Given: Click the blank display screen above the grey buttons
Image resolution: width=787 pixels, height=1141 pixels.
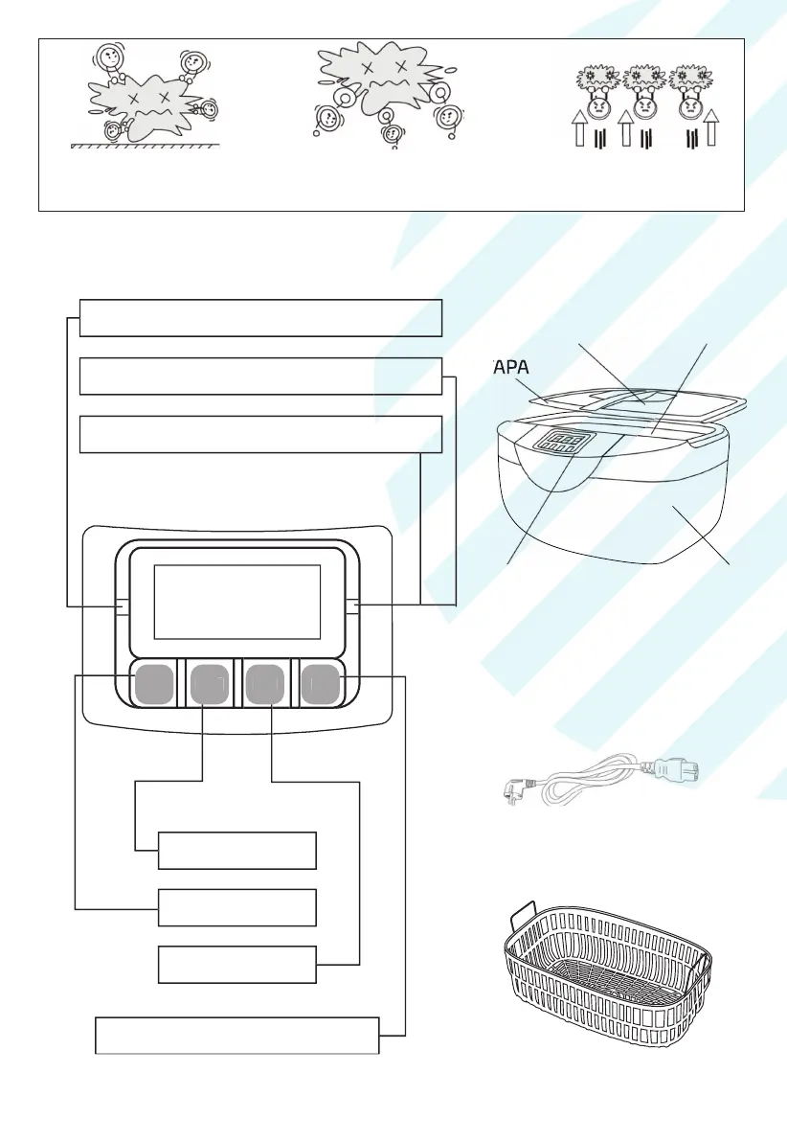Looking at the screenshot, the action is point(236,602).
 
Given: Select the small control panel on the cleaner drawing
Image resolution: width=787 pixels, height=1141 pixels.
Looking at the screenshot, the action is point(563,442).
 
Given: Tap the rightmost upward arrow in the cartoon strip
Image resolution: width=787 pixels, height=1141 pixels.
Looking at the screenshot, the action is point(713,129).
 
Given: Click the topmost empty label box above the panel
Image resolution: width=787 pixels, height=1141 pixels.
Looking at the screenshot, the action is point(260,318).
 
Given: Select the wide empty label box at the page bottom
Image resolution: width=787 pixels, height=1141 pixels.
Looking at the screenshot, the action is point(237,1036).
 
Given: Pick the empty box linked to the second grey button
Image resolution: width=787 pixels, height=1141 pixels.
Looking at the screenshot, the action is point(236,850).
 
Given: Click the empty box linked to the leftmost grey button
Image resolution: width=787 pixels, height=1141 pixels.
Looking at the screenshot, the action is point(236,907).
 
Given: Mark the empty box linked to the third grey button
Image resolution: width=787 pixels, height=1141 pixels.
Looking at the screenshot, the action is point(236,964).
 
